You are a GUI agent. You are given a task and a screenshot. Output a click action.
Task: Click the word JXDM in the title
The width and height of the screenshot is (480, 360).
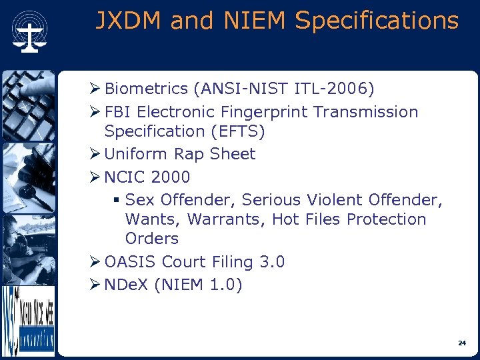129,21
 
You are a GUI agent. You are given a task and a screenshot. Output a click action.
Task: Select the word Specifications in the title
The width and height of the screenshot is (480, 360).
377,21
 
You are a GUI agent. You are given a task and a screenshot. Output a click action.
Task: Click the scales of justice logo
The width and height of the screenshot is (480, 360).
29,31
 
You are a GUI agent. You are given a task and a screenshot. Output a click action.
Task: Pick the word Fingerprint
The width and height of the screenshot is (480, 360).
265,112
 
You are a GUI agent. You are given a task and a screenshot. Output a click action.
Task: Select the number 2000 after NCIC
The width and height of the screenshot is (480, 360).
171,177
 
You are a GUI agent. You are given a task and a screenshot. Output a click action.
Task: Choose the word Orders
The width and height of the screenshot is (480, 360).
152,239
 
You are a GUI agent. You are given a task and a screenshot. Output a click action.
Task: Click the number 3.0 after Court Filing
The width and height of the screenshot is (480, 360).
272,262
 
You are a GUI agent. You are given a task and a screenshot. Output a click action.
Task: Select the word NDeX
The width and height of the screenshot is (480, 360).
127,285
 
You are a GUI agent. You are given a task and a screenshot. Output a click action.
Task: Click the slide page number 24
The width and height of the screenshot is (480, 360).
461,343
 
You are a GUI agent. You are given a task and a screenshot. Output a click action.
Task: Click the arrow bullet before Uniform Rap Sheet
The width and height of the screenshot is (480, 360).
95,154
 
